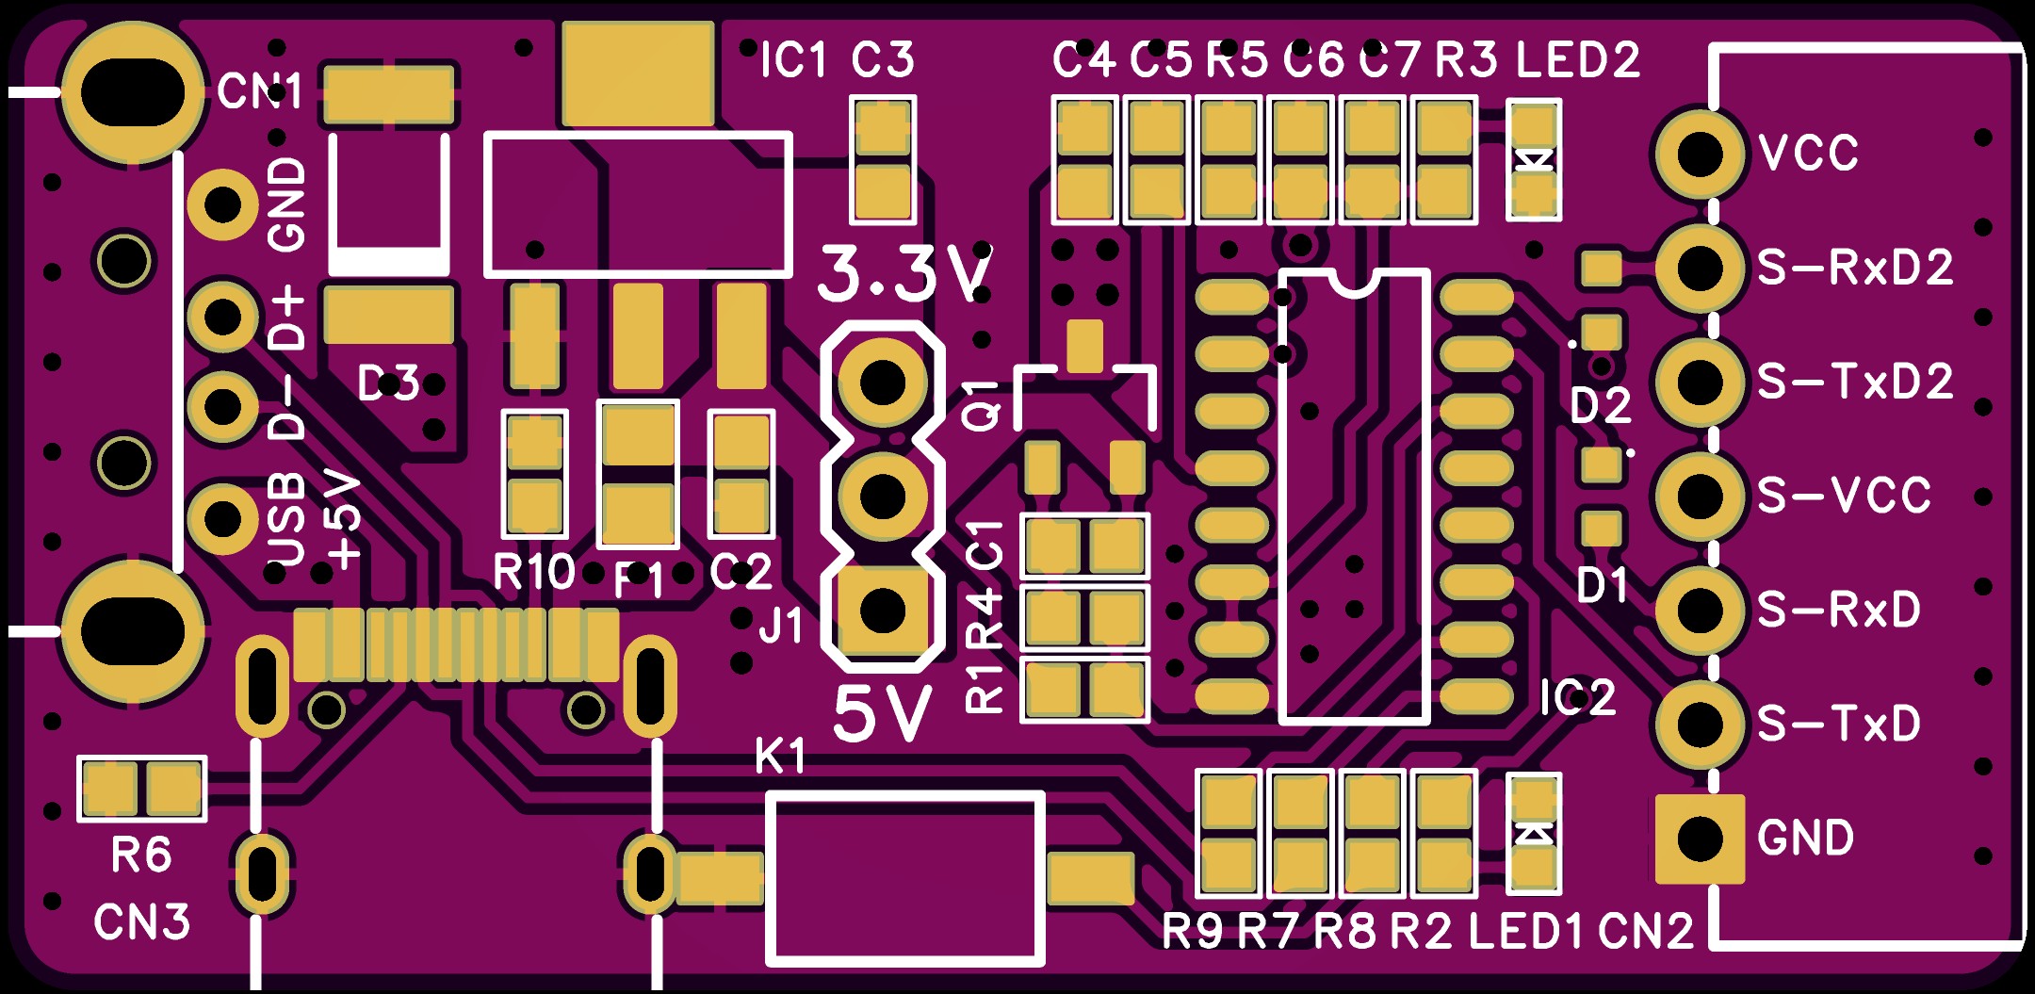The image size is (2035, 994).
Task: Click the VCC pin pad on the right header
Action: point(1700,154)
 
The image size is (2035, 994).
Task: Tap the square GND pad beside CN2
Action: point(1700,839)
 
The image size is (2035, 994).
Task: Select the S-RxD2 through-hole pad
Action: point(1700,269)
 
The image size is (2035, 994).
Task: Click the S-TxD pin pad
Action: point(1700,725)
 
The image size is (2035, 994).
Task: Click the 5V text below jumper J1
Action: point(883,714)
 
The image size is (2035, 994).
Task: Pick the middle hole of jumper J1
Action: point(883,497)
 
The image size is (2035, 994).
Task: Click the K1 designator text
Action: point(780,757)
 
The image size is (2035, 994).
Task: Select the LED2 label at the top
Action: point(1578,60)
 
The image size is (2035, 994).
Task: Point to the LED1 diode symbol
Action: point(1534,834)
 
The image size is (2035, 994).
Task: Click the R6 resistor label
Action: point(141,855)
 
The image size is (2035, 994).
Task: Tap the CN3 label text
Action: point(141,922)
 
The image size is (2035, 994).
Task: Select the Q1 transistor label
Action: point(983,405)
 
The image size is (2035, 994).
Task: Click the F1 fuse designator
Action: point(639,581)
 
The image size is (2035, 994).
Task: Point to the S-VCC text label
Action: point(1844,496)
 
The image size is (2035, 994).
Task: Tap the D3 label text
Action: point(388,383)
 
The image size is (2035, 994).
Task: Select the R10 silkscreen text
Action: point(533,572)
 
